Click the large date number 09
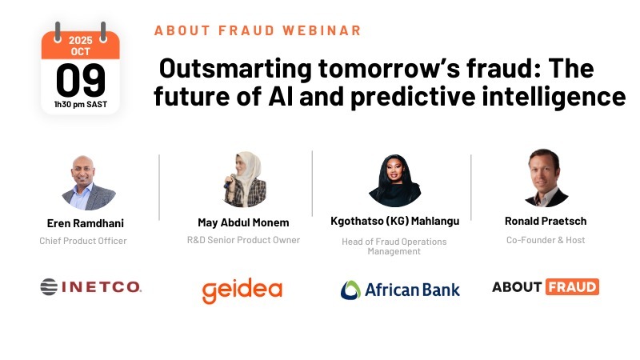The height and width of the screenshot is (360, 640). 81,81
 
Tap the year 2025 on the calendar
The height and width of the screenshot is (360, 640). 81,40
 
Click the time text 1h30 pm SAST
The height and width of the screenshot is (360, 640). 81,105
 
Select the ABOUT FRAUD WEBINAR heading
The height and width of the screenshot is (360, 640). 258,30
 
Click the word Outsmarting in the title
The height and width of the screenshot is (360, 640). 235,68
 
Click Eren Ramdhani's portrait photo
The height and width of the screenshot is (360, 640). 88,183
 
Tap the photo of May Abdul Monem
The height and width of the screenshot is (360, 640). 244,179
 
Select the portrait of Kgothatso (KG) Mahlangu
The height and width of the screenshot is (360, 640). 394,180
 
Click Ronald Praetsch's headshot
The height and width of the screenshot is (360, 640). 546,178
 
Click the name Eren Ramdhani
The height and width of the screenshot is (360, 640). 86,223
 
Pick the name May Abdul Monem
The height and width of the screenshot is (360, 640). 243,222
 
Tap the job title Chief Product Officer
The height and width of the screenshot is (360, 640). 83,241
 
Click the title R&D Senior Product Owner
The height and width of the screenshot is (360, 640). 244,240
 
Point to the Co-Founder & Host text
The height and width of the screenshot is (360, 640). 546,240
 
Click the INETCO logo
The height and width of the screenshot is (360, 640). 90,286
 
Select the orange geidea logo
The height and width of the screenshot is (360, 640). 242,290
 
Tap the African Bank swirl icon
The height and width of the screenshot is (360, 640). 350,290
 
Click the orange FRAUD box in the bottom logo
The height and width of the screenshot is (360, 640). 572,287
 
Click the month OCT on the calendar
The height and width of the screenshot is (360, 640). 81,51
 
